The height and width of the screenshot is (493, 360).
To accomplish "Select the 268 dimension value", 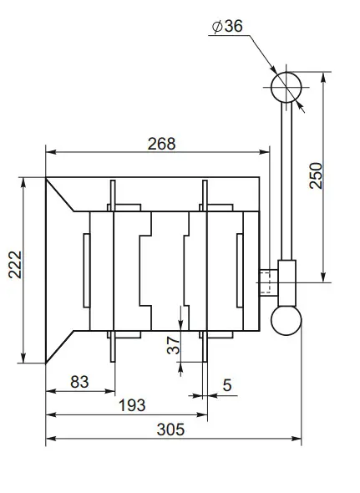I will pos(160,143).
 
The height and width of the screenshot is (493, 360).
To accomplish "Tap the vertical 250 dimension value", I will pos(315,175).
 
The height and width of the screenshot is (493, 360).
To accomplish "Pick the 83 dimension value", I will pos(79,382).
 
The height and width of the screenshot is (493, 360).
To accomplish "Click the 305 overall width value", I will pos(170,429).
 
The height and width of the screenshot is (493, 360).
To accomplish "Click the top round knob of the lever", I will pos(286,85).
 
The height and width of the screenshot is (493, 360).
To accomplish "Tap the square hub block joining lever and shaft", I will pos(287,282).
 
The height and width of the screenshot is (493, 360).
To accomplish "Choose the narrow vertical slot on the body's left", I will pos(86,270).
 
